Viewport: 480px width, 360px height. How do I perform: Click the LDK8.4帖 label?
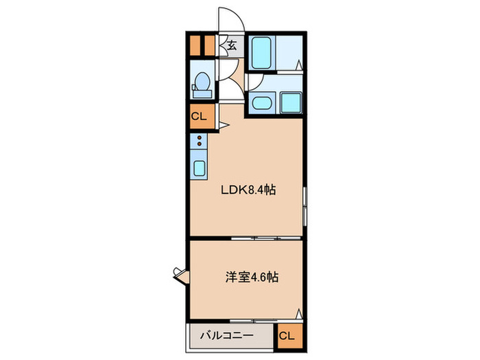pyautogui.click(x=248, y=191)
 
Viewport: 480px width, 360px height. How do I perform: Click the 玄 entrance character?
pyautogui.click(x=232, y=46)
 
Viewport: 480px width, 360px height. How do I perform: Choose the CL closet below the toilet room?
pyautogui.click(x=199, y=116)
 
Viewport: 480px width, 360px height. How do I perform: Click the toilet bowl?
pyautogui.click(x=201, y=84)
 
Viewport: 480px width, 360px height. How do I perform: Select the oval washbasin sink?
pyautogui.click(x=261, y=104)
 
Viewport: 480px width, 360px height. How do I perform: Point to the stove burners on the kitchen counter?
pyautogui.click(x=199, y=141)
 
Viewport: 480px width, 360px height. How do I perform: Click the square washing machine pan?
pyautogui.click(x=291, y=103)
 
